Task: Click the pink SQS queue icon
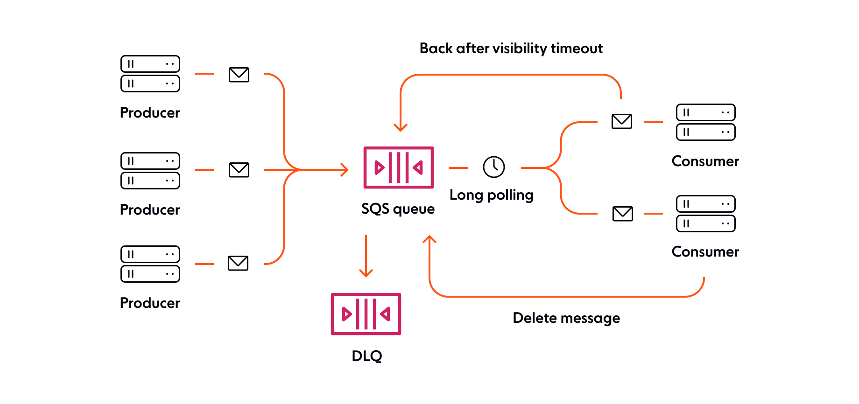point(398,167)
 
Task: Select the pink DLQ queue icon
point(366,314)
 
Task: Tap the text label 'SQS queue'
point(398,209)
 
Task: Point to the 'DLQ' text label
point(367,356)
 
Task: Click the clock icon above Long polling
point(493,167)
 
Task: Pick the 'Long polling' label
point(491,195)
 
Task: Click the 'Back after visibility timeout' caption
point(511,49)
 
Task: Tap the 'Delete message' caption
point(566,318)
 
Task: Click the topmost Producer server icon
point(150,74)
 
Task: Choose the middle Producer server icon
point(150,170)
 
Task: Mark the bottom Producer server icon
point(150,264)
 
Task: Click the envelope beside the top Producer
point(239,74)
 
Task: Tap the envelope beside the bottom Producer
point(238,263)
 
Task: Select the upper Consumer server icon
point(705,122)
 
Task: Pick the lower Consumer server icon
point(705,214)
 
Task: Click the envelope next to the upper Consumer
point(622,121)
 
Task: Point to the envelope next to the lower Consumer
point(622,214)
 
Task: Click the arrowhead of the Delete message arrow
point(429,239)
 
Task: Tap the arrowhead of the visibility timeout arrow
point(401,127)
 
